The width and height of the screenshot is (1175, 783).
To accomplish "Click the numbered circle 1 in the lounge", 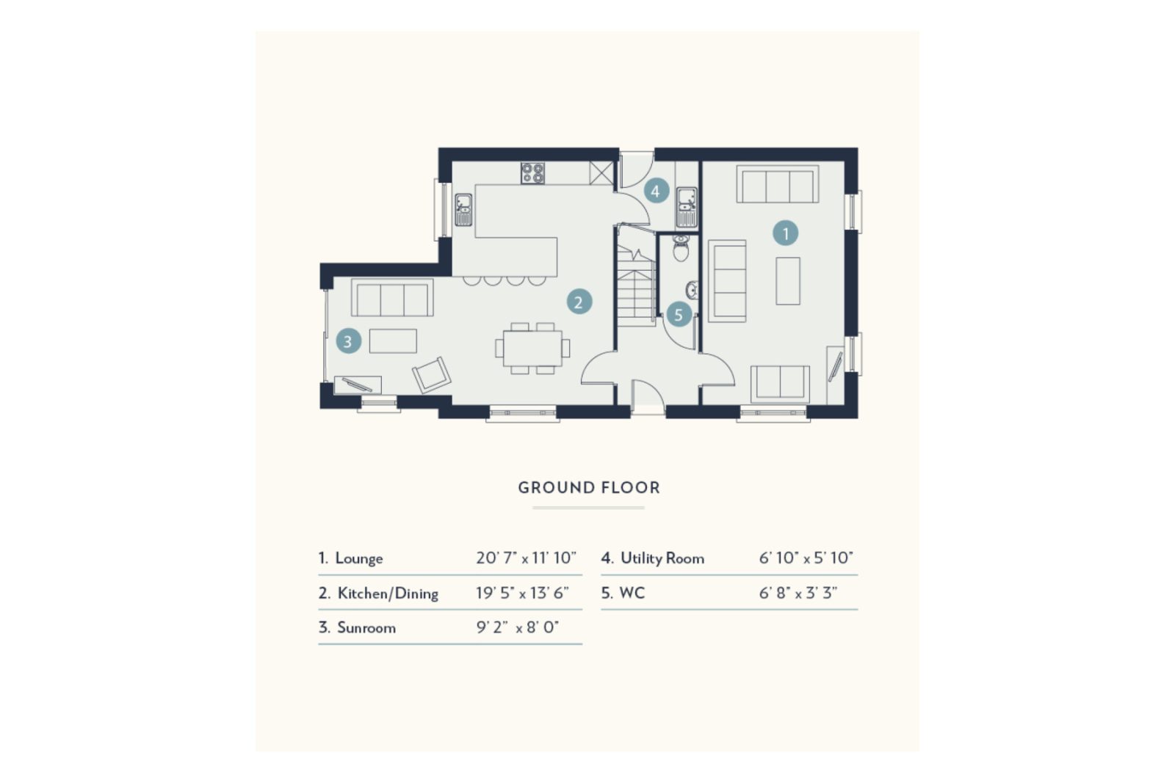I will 785,233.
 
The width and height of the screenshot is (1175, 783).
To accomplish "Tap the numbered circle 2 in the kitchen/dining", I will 579,302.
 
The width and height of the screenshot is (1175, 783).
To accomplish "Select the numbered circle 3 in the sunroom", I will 348,341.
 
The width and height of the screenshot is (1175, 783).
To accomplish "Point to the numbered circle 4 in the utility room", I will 656,192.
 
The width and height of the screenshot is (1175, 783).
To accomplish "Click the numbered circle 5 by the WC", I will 679,316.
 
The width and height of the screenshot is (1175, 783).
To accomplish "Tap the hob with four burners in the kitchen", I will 533,173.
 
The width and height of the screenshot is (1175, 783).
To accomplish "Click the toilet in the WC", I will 681,249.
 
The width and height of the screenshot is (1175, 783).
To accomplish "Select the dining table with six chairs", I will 532,348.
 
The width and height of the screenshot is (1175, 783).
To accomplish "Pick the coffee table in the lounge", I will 788,280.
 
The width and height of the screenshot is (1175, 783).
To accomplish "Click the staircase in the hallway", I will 634,283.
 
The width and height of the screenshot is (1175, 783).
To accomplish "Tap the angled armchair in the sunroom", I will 431,375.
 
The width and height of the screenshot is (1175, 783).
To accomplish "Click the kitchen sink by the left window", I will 463,209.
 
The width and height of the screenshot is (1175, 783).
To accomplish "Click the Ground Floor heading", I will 589,487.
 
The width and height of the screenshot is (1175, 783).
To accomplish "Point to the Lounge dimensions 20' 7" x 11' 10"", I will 526,558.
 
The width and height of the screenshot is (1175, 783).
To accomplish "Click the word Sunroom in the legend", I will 366,627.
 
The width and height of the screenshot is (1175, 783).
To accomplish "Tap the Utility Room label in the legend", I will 662,558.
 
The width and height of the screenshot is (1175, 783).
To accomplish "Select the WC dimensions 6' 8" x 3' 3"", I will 798,593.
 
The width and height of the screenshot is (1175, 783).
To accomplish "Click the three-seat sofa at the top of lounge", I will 778,184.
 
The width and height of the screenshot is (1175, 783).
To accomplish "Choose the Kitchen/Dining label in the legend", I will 387,593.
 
